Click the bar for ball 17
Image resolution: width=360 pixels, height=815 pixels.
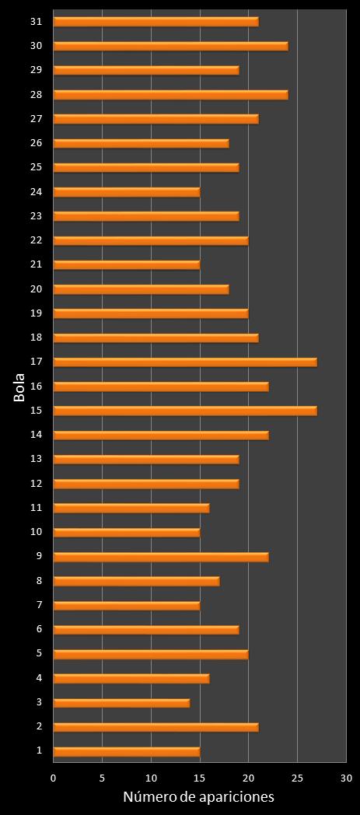point(185,362)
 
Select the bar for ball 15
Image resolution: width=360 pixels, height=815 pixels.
point(185,411)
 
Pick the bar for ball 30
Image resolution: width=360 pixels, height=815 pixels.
point(170,46)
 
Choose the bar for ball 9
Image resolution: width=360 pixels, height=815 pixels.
point(161,557)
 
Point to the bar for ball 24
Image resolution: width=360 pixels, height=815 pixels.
point(127,192)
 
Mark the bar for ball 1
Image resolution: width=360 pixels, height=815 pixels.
point(127,751)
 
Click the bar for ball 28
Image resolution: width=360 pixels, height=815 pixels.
point(170,95)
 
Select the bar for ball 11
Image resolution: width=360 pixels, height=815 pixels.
point(131,508)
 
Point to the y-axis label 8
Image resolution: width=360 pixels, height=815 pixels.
point(39,581)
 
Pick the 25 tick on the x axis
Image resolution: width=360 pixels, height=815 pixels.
point(297,778)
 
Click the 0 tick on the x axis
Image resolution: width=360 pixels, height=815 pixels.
point(54,778)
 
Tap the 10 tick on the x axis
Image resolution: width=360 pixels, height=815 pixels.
point(151,778)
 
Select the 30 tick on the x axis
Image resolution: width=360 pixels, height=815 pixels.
point(345,778)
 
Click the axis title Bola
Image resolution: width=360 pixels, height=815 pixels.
point(19,387)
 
